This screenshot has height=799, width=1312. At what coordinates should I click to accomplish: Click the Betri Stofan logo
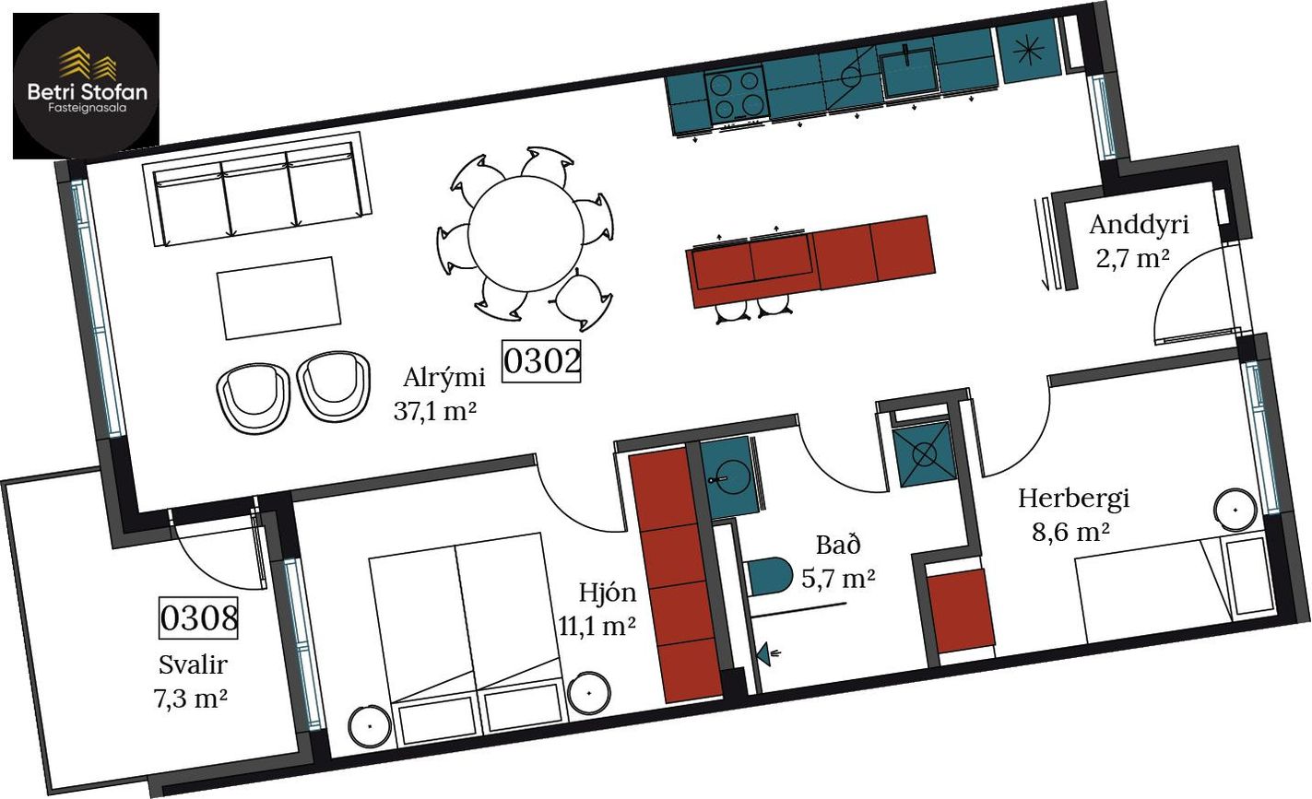pos(86,86)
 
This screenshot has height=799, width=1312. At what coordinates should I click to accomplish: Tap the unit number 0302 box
pos(541,361)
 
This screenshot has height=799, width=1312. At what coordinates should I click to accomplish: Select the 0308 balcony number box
pos(198,617)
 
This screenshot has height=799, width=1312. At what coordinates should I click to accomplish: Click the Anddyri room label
pos(1140,225)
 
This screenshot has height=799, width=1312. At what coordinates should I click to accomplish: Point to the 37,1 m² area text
pos(435,411)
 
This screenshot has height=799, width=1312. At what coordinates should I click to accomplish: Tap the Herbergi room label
pos(1073,499)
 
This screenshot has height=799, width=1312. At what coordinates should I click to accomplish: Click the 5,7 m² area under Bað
pos(838,579)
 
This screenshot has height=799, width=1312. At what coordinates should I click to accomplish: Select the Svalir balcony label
pos(193,665)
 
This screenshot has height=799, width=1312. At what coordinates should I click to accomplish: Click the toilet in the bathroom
pos(768,577)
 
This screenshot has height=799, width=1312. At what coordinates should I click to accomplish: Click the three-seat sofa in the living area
pos(255,190)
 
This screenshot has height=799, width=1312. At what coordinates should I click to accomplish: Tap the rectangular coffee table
pos(278,298)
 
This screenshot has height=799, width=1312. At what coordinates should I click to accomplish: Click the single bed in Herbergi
pos(1174,586)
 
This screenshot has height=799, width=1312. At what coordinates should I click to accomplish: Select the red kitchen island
pos(810,261)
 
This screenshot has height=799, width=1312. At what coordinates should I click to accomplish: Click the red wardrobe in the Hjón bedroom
pos(675,575)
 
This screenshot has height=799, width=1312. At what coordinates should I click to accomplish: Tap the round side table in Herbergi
pos(1235,510)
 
